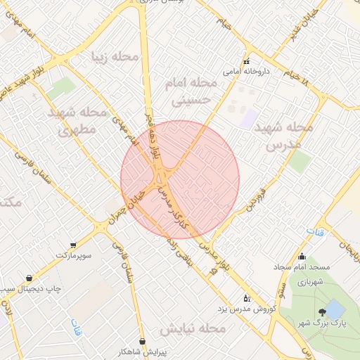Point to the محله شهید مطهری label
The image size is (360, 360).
click(x=77, y=121)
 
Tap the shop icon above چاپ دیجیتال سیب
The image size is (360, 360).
click(x=28, y=278)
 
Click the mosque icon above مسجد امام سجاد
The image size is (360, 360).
click(x=302, y=257)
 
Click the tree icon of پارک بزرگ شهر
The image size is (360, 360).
click(x=322, y=311)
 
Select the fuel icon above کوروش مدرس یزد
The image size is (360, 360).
click(x=245, y=298)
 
